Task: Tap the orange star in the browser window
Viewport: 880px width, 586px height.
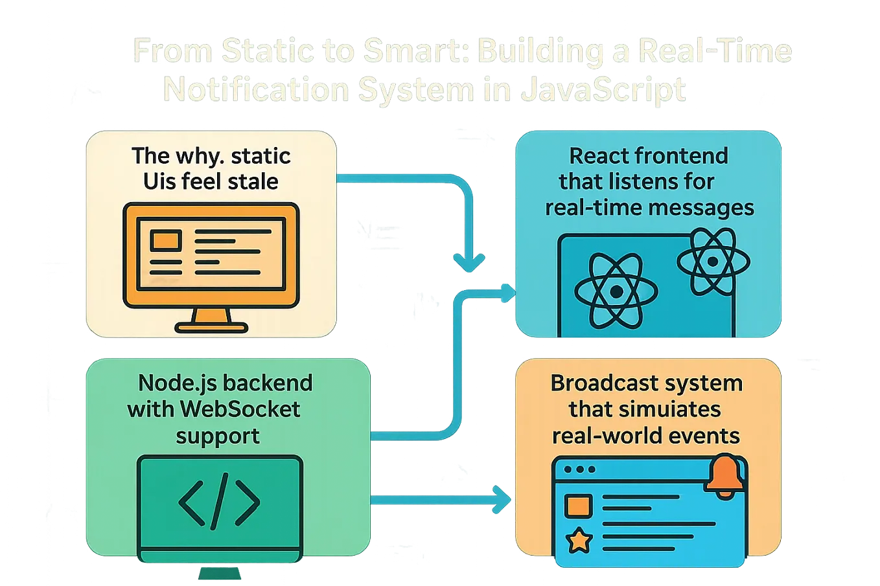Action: click(x=579, y=540)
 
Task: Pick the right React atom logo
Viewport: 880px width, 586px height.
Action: click(x=713, y=262)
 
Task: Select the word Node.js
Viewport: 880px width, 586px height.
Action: click(x=170, y=383)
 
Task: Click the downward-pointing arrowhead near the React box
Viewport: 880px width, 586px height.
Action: click(x=469, y=262)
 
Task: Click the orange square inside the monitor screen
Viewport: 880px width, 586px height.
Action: click(x=165, y=240)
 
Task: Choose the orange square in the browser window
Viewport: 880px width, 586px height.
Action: click(x=578, y=506)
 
